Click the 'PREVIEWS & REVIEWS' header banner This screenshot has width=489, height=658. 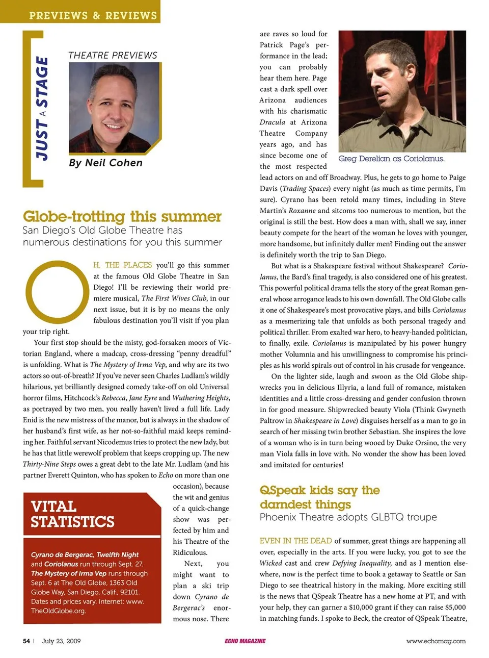coord(93,15)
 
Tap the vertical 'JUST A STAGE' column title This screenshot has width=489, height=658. coord(43,108)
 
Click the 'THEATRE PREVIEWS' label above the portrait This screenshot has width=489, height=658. coord(113,55)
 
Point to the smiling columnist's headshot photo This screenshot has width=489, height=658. coord(115,108)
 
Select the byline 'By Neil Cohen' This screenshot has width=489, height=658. coord(106,163)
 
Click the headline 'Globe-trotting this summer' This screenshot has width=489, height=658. coord(122,217)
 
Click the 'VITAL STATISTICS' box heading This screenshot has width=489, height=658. coord(72,514)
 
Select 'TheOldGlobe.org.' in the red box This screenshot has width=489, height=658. coord(58,611)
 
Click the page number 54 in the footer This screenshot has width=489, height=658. coord(26,641)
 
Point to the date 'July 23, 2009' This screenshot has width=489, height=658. coord(61,641)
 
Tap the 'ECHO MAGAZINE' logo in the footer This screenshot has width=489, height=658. coord(245,641)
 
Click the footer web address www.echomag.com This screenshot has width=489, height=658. coord(436,641)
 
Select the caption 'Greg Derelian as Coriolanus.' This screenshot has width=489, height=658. coord(391,159)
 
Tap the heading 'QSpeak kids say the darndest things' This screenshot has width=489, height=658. coord(319,497)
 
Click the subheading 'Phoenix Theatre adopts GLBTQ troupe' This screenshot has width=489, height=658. coord(348,517)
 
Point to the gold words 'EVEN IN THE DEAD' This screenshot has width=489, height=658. coord(295,541)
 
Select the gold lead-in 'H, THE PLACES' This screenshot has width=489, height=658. coord(122,265)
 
